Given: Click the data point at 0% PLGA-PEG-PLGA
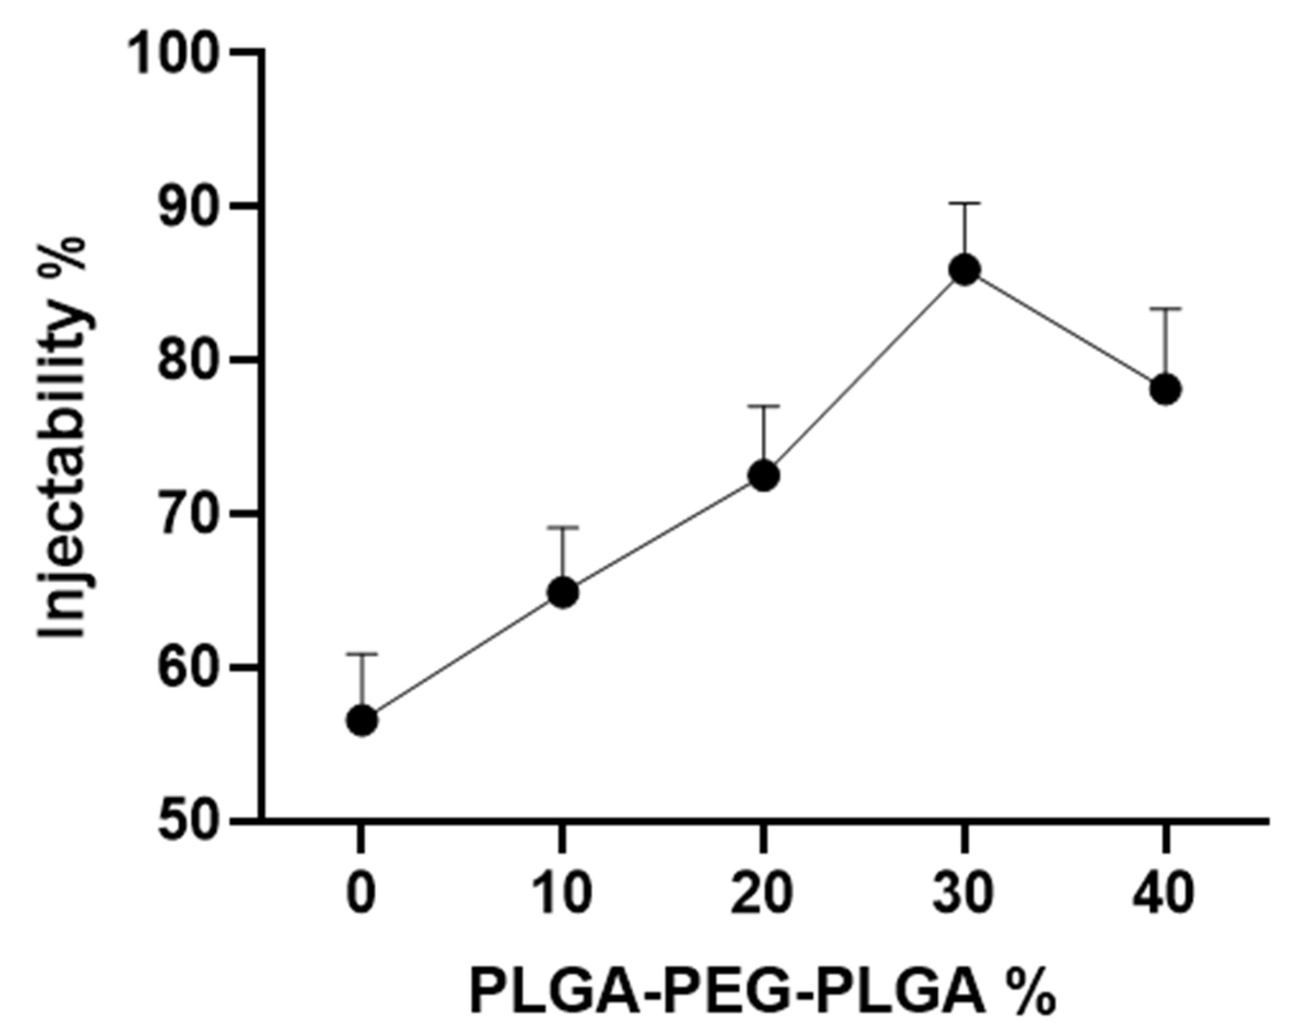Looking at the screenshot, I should (x=361, y=720).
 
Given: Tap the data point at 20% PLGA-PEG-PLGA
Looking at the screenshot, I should (x=763, y=476).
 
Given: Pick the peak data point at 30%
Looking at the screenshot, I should (x=964, y=269).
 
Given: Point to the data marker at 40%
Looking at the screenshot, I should (x=1165, y=390).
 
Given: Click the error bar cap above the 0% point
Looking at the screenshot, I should (x=361, y=654).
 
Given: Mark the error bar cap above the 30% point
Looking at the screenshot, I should (x=964, y=204).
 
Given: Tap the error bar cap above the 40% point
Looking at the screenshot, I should (x=1165, y=309).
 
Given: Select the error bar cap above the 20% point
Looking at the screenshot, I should (x=763, y=407).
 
